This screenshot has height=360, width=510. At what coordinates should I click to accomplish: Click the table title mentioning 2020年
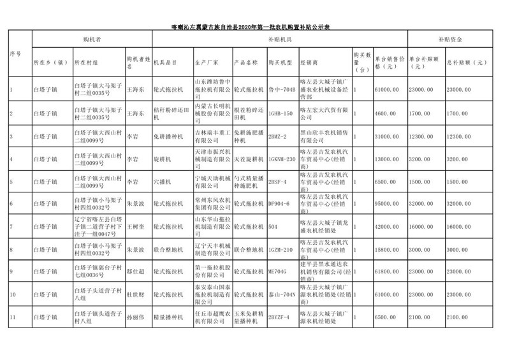coord(254,27)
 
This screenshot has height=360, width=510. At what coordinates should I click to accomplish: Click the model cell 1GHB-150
coord(280,113)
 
